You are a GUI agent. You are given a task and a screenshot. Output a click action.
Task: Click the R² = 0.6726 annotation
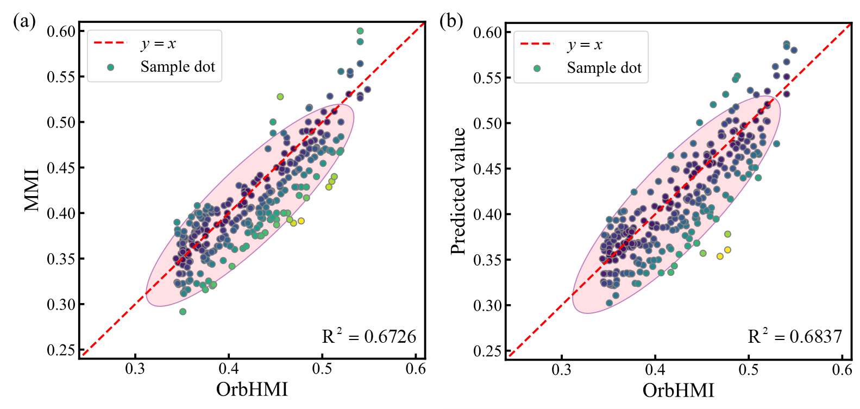369,337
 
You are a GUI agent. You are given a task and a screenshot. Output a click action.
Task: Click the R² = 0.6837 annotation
795,337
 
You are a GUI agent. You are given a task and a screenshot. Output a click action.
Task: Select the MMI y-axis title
32,190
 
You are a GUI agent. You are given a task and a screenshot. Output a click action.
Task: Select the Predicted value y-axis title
459,191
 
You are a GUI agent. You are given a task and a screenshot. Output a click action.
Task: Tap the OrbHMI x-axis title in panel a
252,389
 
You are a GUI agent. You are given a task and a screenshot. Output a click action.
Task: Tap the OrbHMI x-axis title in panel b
678,390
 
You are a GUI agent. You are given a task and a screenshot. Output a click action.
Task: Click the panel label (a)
26,22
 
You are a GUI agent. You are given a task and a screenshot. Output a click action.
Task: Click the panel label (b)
453,22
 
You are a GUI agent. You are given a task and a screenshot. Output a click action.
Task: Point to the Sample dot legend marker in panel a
111,67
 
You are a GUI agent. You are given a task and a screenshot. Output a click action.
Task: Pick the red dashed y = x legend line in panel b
536,43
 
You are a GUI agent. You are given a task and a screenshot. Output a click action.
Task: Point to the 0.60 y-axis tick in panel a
61,32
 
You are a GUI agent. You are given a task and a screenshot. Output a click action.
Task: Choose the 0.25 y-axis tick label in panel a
61,350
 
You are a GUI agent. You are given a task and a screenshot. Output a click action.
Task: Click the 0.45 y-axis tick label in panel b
488,169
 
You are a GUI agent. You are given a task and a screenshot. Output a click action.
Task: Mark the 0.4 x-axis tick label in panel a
229,369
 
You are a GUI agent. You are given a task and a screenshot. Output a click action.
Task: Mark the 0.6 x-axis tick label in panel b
842,370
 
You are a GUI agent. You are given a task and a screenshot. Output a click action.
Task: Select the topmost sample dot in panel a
360,31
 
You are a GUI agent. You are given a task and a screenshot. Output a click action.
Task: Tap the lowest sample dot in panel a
183,312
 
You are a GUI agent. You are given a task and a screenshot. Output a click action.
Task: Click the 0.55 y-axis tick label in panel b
488,78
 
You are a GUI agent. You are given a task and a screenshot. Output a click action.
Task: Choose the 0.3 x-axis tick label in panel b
562,370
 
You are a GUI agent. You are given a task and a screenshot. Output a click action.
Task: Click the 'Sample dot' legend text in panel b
604,68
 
